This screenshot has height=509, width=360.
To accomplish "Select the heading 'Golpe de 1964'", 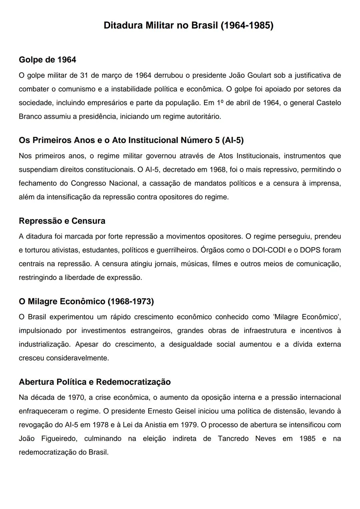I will [47, 60].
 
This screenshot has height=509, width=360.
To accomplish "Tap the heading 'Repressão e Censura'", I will [62, 221].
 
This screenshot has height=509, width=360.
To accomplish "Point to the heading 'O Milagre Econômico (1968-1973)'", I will [86, 301].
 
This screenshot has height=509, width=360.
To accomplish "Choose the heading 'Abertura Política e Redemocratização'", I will [95, 382].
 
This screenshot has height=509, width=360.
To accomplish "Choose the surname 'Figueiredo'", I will [59, 438].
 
